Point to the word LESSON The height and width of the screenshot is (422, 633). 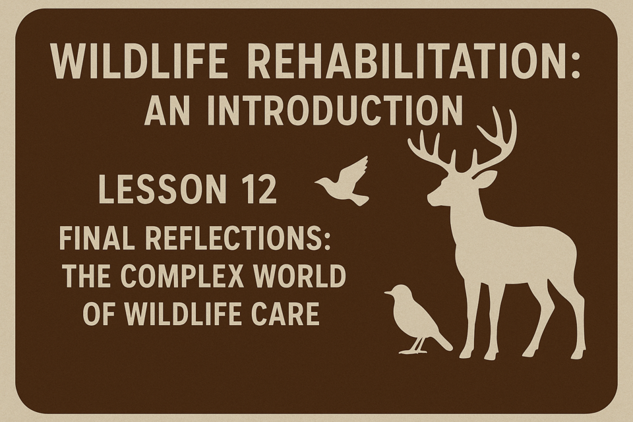coord(162,189)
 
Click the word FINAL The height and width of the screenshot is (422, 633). coord(97,238)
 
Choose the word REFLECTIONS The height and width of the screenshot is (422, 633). coord(234,238)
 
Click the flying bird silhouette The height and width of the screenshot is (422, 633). coord(342,181)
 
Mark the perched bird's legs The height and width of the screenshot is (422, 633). coord(417,346)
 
